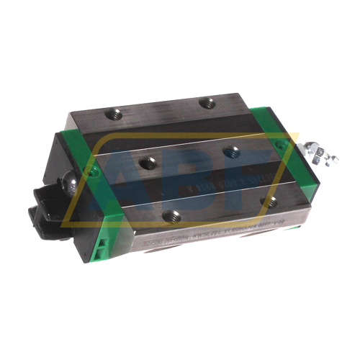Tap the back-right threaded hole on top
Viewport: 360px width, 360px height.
(x=208, y=102)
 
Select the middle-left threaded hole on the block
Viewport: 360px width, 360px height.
(x=148, y=162)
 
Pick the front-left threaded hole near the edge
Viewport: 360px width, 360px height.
(x=169, y=215)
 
